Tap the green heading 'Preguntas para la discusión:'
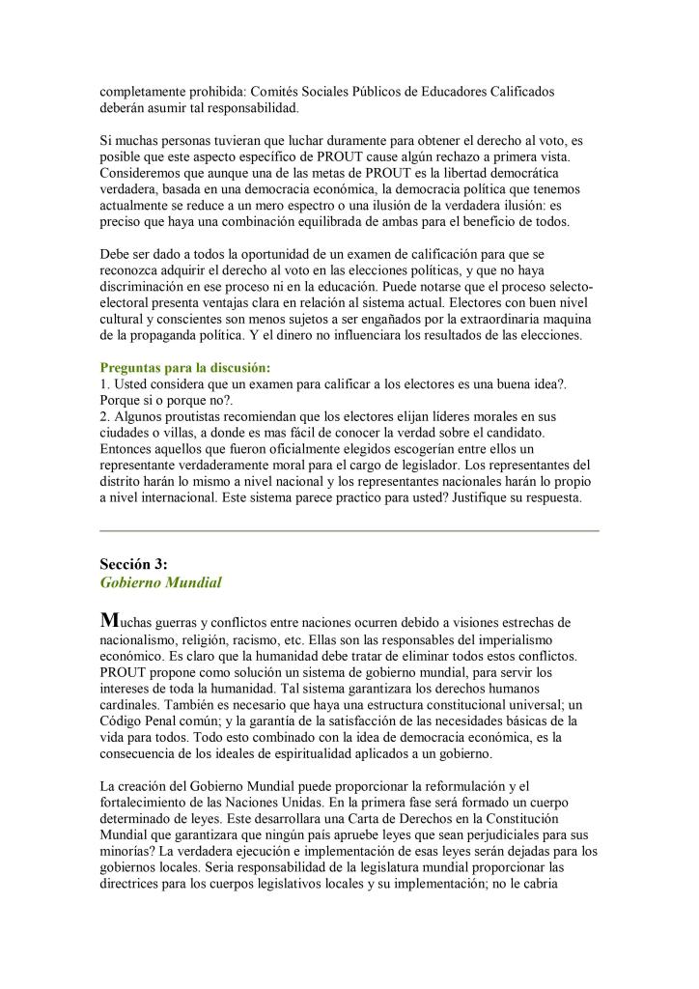186,368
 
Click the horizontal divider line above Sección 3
349,530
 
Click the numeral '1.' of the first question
105,383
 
